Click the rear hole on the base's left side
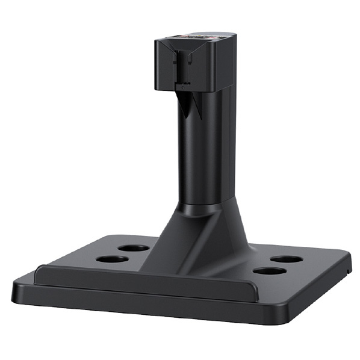click(x=133, y=247)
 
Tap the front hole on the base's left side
click(x=112, y=259)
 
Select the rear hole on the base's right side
click(x=286, y=259)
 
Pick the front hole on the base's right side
click(x=269, y=271)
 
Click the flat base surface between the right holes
click(x=278, y=265)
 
